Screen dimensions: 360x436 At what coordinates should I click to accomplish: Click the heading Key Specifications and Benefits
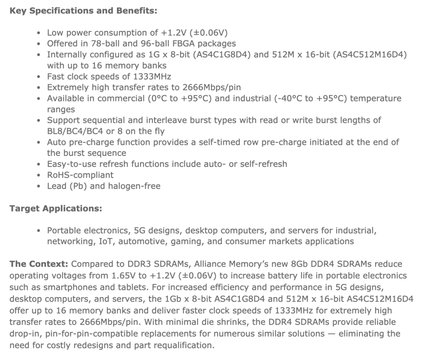(x=83, y=11)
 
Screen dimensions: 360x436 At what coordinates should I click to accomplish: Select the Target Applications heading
(x=55, y=209)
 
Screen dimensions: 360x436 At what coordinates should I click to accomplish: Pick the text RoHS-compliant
(x=80, y=175)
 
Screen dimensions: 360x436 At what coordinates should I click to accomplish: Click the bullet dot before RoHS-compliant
(x=39, y=175)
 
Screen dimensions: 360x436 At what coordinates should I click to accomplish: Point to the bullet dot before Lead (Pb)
(x=39, y=186)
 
